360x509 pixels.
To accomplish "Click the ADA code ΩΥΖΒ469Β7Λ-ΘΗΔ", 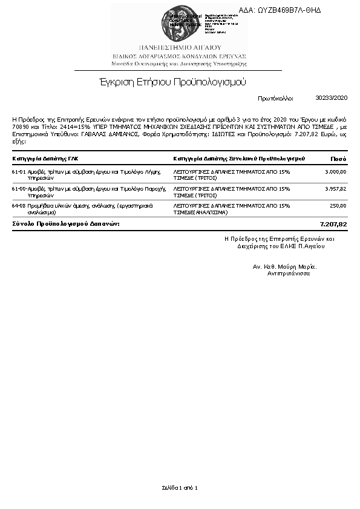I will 288,10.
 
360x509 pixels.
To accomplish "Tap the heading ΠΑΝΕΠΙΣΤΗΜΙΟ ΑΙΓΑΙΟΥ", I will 180,47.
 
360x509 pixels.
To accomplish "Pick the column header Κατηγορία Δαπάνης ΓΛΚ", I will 45,159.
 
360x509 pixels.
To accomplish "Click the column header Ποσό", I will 338,159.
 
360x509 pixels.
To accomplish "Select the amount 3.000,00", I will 335,172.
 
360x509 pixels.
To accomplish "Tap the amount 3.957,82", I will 335,189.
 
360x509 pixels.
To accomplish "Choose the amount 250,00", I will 338,206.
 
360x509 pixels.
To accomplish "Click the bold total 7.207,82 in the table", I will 333,224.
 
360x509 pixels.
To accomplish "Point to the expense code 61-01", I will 18,172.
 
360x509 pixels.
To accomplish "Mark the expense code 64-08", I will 18,206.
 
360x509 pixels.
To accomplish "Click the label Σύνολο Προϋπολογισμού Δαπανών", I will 66,224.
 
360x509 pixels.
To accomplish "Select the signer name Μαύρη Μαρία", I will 296,266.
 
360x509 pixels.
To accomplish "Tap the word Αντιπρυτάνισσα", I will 289,274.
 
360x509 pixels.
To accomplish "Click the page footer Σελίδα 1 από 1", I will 180,487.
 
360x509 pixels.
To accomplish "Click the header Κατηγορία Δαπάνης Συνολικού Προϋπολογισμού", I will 238,159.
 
